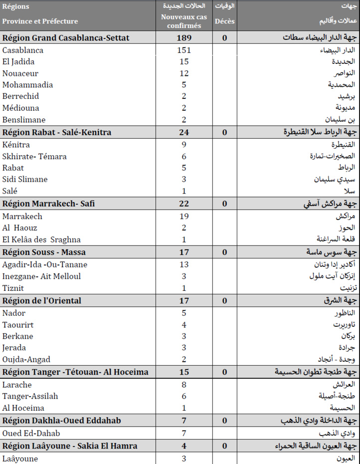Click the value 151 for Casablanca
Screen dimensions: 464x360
(x=183, y=50)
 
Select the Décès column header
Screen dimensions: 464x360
(x=224, y=21)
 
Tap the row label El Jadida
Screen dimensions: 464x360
(x=18, y=62)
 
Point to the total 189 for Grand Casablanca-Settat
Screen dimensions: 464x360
(x=183, y=38)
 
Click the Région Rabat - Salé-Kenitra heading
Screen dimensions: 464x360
(x=57, y=132)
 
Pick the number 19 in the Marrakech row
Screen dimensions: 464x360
(x=183, y=217)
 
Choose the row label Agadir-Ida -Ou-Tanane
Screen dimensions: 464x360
(x=45, y=265)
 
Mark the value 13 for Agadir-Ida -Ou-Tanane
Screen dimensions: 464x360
(x=183, y=265)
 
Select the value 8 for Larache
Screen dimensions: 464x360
(x=183, y=385)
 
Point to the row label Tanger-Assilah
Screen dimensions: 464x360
(x=30, y=396)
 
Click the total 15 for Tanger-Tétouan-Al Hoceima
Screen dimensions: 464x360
(x=183, y=372)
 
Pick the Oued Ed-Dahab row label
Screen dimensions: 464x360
(x=31, y=433)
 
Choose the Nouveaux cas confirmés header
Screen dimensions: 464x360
(x=183, y=21)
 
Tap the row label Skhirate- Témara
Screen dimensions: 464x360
(x=34, y=157)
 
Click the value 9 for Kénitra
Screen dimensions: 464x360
(x=183, y=145)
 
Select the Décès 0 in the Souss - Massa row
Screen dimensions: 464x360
(x=224, y=252)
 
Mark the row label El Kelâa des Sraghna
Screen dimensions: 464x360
(x=41, y=239)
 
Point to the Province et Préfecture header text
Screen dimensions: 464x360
(x=40, y=21)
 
